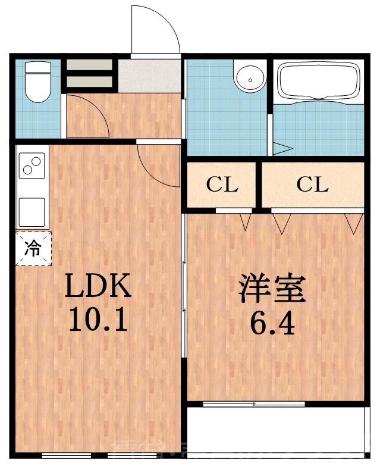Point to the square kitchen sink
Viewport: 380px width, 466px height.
pos(32,211)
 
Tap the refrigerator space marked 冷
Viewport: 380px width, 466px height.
pos(33,248)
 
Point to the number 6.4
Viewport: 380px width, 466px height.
pos(272,324)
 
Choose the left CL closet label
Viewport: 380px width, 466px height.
pos(222,184)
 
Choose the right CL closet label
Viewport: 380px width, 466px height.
pos(312,184)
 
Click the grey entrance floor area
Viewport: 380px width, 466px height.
pos(149,76)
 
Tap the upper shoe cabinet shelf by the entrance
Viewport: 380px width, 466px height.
pos(89,65)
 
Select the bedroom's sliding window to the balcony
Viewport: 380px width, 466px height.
pos(254,404)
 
